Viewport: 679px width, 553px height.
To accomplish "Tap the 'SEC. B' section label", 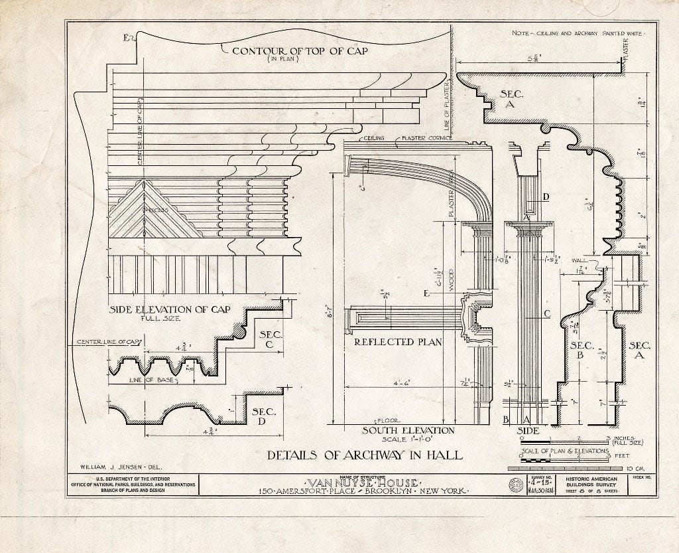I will click(582, 350).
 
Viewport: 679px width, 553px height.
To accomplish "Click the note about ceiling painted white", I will click(583, 32).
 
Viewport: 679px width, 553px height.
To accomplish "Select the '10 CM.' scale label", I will click(648, 468).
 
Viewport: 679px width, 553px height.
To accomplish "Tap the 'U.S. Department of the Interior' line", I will click(132, 478).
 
